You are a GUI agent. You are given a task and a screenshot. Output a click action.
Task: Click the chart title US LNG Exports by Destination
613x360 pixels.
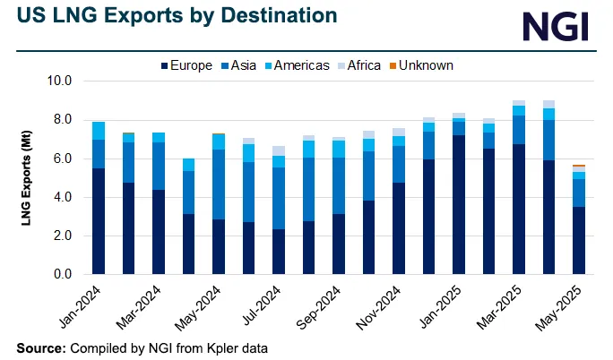coord(172,16)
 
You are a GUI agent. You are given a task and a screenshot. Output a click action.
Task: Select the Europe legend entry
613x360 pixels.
coord(186,65)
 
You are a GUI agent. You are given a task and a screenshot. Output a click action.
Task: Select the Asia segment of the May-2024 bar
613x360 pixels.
coord(218,184)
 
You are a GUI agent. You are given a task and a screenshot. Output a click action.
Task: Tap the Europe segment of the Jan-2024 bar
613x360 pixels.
coord(99,220)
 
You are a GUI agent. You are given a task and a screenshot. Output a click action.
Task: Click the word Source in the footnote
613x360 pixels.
coord(39,347)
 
